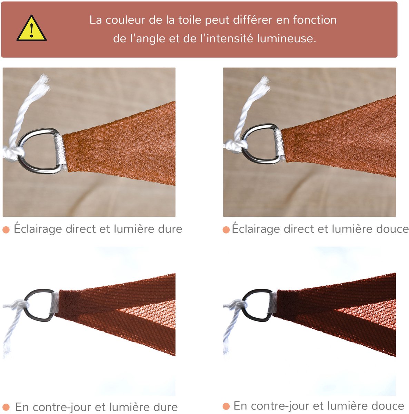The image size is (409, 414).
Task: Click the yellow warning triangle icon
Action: pyautogui.click(x=31, y=28)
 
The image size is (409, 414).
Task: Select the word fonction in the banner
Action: pyautogui.click(x=315, y=20)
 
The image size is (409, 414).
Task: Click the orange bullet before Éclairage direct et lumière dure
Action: pyautogui.click(x=6, y=230)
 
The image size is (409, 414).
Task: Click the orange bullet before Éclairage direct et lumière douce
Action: pyautogui.click(x=226, y=230)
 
